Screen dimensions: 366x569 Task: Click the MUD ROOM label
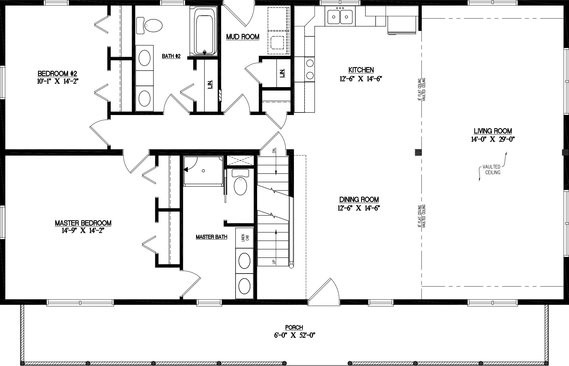(x=243, y=37)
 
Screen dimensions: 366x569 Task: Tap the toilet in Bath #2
(x=150, y=25)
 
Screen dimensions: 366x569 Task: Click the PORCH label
(x=294, y=327)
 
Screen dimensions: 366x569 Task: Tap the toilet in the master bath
(x=240, y=185)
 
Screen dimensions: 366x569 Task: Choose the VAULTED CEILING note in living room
(x=491, y=170)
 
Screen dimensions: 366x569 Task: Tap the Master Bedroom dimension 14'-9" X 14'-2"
(x=83, y=231)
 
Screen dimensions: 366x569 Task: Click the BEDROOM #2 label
(x=57, y=74)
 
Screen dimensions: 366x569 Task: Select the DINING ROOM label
(x=359, y=200)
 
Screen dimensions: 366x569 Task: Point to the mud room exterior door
(x=240, y=13)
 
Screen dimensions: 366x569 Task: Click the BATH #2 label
(x=171, y=56)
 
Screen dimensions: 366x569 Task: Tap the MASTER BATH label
(x=211, y=237)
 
